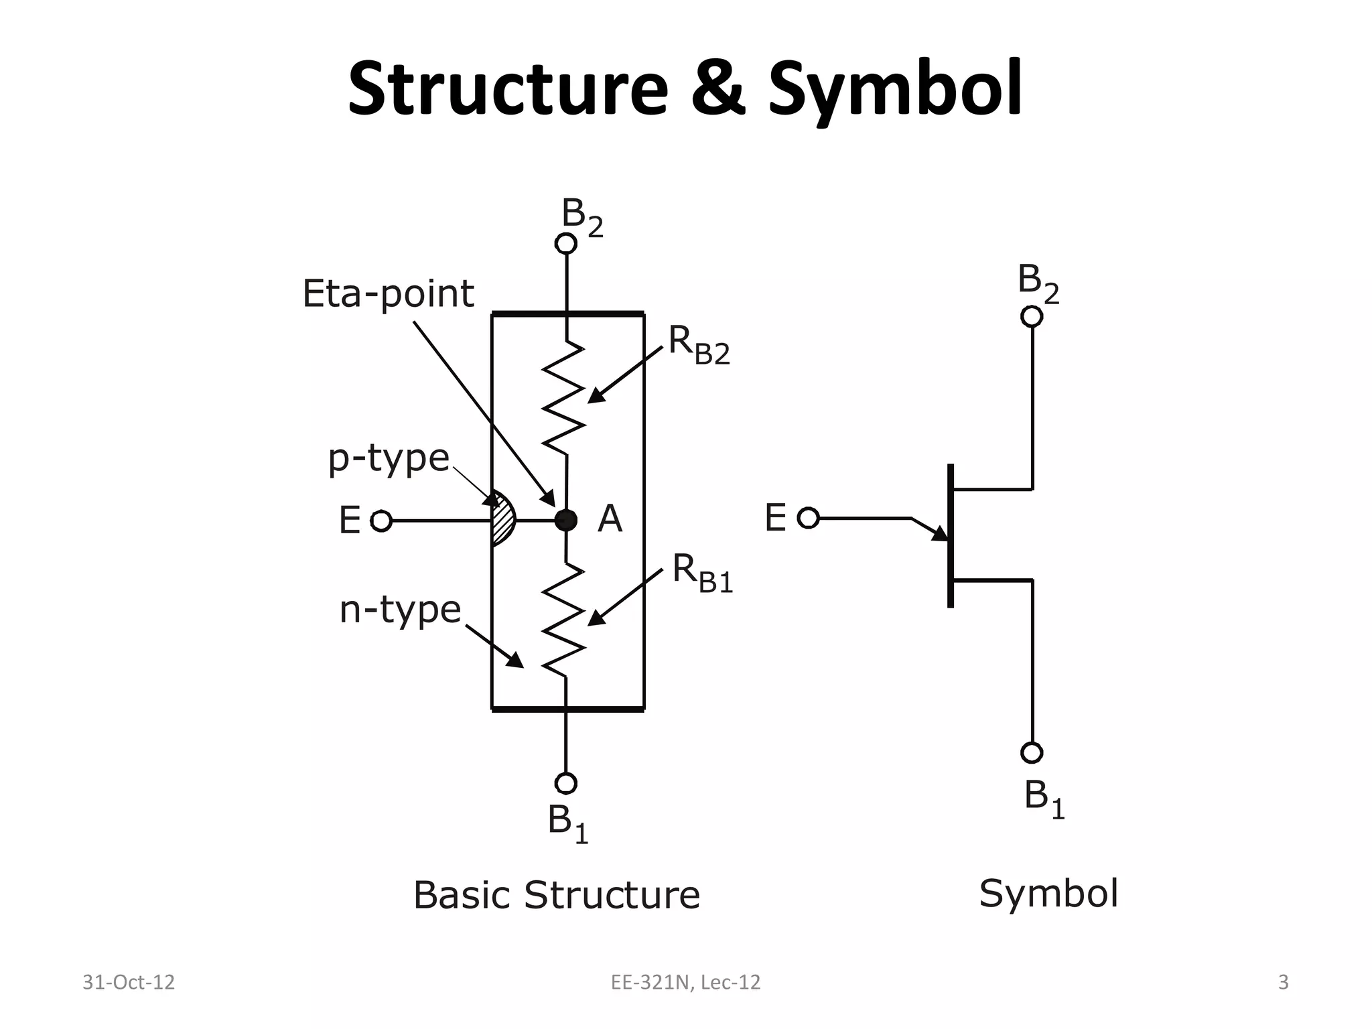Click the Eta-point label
(388, 294)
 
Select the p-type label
(388, 459)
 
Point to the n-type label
(400, 610)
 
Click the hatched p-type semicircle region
(503, 520)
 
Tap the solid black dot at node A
(566, 520)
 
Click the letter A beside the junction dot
(610, 519)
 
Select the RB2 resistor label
(699, 346)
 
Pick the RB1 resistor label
(702, 573)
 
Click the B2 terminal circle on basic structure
(566, 244)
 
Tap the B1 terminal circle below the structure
(566, 782)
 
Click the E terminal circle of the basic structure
(381, 521)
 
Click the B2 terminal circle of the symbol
(1032, 316)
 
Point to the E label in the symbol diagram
(775, 519)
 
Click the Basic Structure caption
(556, 895)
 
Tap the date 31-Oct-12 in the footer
(128, 982)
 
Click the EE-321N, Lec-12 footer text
(685, 982)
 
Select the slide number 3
(1283, 982)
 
